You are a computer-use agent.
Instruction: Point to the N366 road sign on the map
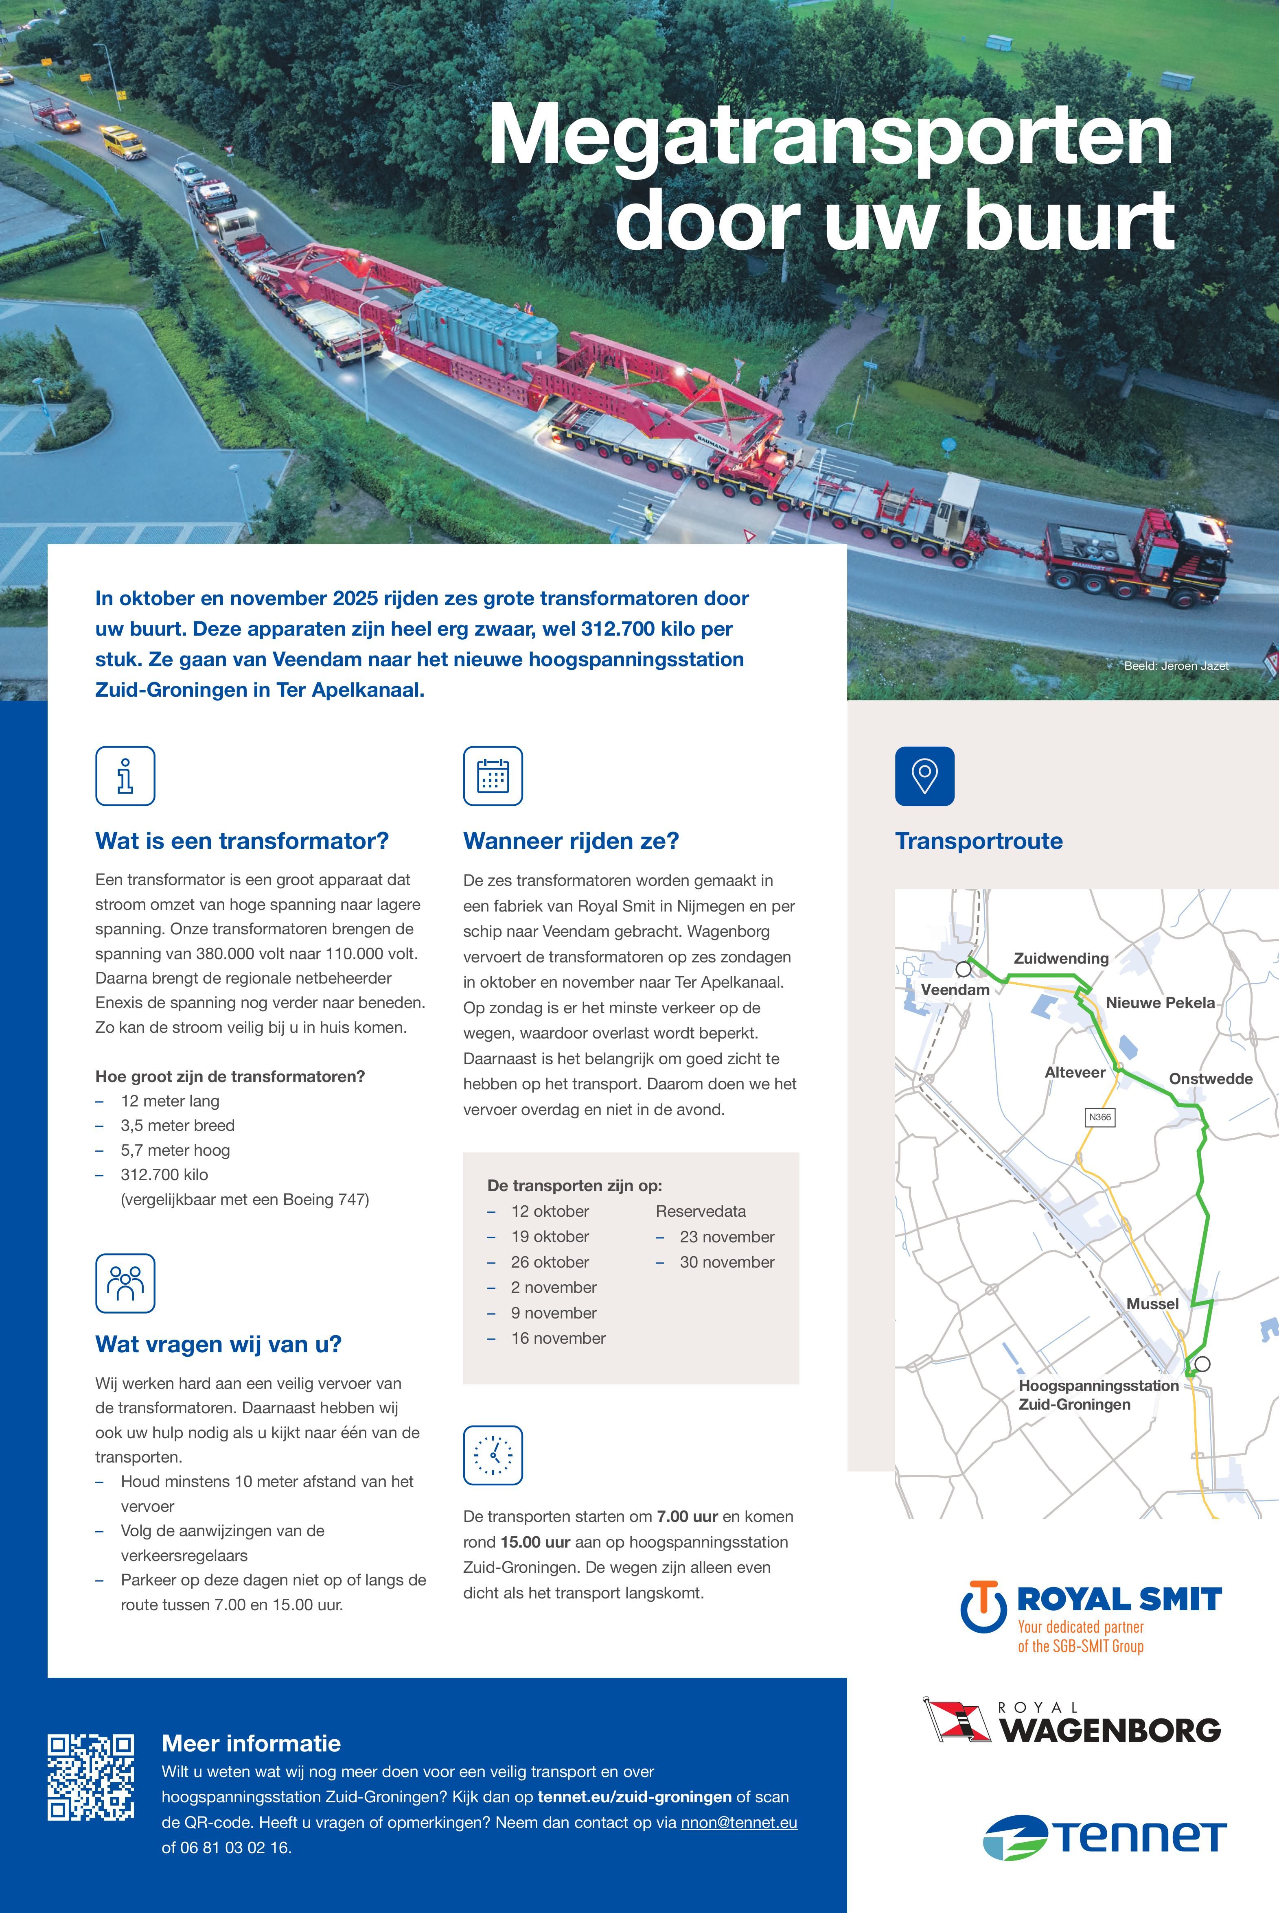coord(1099,1117)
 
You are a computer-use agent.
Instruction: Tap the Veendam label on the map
coord(954,990)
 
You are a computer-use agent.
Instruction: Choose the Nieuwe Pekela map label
coord(1160,1003)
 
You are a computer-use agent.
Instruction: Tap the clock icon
coord(493,1456)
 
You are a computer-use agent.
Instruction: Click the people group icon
coord(125,1283)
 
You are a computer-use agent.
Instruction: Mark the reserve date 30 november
coord(726,1262)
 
